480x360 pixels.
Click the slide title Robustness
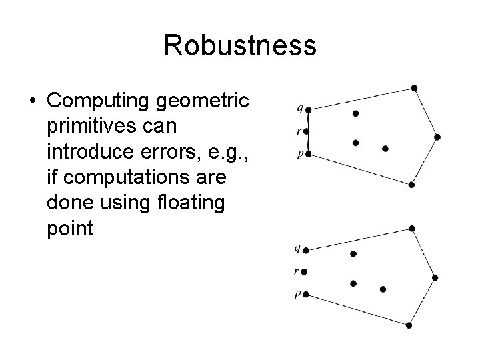(239, 45)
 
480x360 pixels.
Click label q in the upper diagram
(299, 107)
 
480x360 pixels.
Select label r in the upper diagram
(299, 132)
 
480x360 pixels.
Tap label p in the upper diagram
(299, 155)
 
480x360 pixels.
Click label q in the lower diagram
(297, 249)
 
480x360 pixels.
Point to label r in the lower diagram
(296, 272)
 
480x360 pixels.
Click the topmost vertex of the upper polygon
(414, 87)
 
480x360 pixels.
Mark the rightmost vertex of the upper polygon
(437, 137)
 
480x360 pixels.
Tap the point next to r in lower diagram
(305, 271)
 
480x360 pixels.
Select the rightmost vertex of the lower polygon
(435, 277)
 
